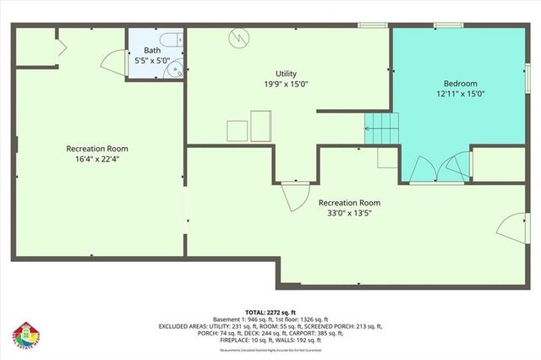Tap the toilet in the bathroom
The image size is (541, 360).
click(x=171, y=40)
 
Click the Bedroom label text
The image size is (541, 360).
click(x=461, y=84)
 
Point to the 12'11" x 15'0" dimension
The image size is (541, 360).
click(x=461, y=95)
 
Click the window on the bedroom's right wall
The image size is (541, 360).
click(x=527, y=68)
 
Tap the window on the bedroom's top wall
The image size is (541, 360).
click(x=446, y=25)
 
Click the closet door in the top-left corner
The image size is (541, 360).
click(x=59, y=47)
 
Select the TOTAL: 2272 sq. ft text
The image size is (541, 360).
click(x=270, y=311)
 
